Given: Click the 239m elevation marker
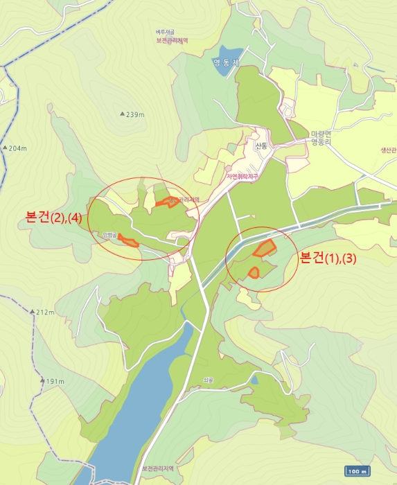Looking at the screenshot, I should (x=134, y=114).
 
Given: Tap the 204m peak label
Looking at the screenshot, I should (x=15, y=148).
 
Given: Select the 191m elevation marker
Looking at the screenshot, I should (x=52, y=381).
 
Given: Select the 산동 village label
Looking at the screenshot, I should (x=261, y=146).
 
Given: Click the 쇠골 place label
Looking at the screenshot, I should (x=209, y=379).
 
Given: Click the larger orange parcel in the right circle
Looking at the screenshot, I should (x=265, y=248).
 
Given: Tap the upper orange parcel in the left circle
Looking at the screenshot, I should (x=166, y=202).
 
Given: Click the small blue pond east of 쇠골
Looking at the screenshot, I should (x=254, y=380).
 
